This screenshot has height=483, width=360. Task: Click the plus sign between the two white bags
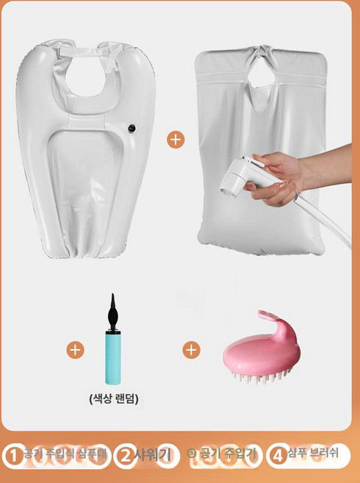(x=176, y=139)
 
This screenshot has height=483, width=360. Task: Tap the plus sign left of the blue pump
(x=75, y=350)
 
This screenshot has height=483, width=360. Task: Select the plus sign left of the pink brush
(x=192, y=350)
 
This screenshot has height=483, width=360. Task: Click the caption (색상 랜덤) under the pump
(x=113, y=399)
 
